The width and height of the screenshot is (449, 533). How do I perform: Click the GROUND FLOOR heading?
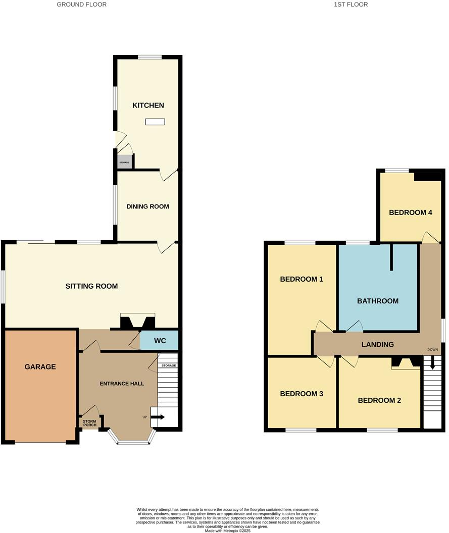(x=81, y=5)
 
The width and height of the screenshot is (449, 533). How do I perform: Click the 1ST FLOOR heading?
(x=351, y=5)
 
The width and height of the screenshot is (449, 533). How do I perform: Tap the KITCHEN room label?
(x=148, y=105)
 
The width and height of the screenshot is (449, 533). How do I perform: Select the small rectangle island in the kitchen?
(x=155, y=122)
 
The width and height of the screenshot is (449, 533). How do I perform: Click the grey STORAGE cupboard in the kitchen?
(x=124, y=162)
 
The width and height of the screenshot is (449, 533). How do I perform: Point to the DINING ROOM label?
(x=147, y=206)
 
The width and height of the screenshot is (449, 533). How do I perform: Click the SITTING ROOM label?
(x=91, y=286)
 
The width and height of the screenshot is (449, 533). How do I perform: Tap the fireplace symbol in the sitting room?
(x=137, y=322)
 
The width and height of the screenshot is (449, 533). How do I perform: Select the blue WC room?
(x=159, y=341)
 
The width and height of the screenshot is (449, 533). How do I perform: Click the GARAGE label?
(x=40, y=367)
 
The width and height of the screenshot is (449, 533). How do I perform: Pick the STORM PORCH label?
(x=90, y=423)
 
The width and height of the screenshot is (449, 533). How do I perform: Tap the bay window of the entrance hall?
(x=133, y=442)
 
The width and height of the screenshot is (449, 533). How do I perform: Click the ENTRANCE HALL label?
(x=122, y=384)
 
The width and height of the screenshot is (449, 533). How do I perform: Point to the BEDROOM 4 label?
(x=410, y=212)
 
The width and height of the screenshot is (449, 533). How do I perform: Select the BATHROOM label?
(x=377, y=301)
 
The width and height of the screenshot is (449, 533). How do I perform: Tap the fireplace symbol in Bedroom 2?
(x=407, y=362)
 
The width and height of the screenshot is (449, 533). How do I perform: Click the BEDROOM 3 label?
(x=302, y=394)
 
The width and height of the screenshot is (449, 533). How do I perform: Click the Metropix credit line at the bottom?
(x=227, y=530)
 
